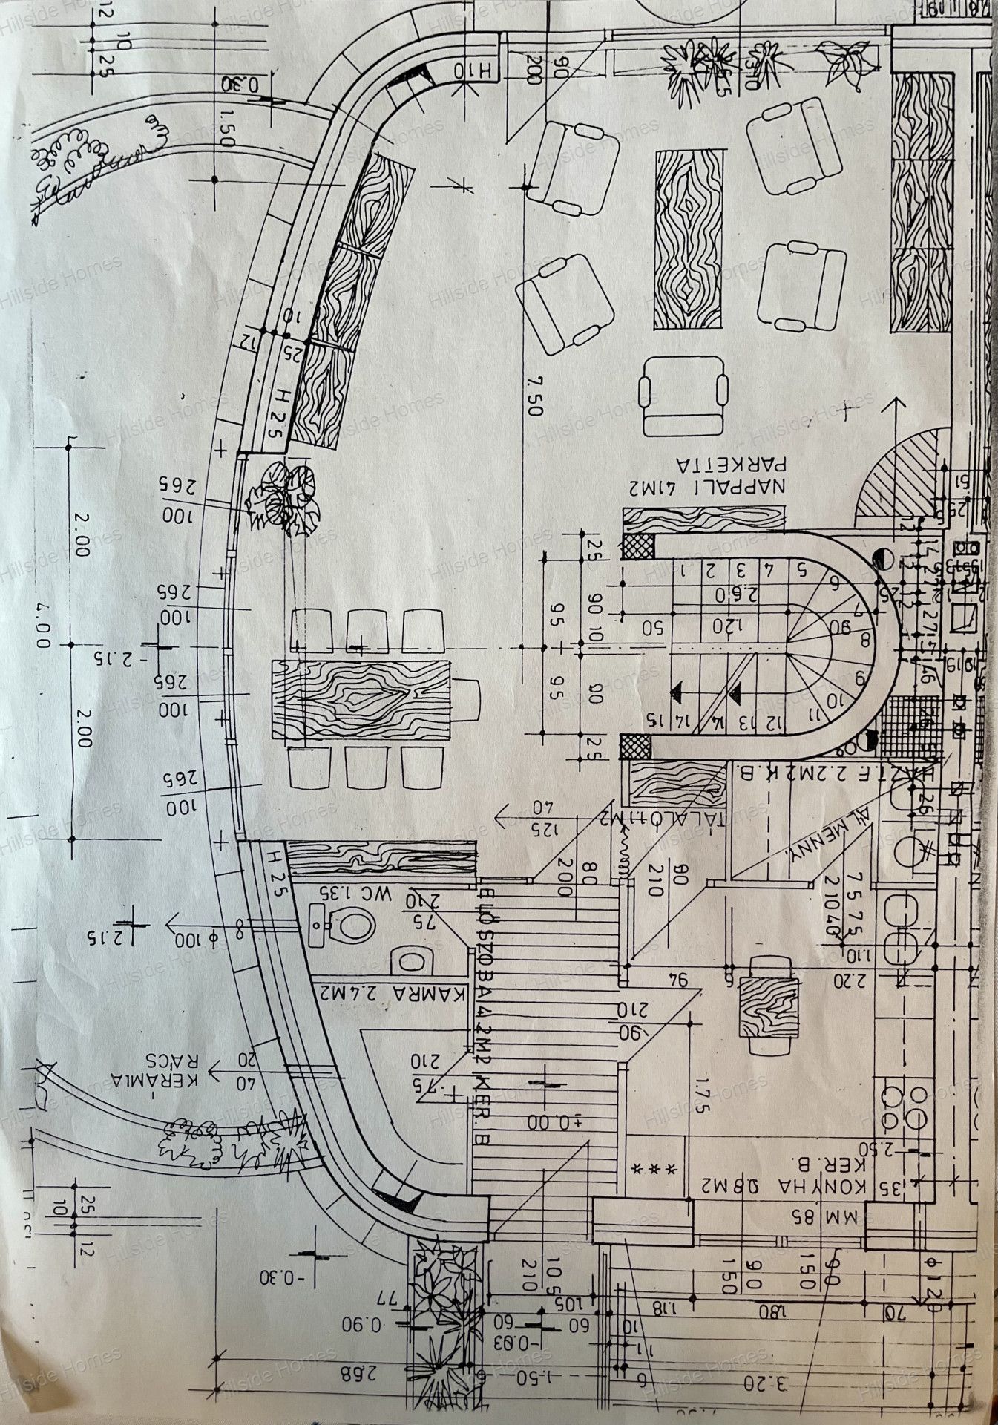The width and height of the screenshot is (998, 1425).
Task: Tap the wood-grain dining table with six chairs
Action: coord(361,697)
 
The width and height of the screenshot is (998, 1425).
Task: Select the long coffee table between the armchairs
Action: coord(689,238)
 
